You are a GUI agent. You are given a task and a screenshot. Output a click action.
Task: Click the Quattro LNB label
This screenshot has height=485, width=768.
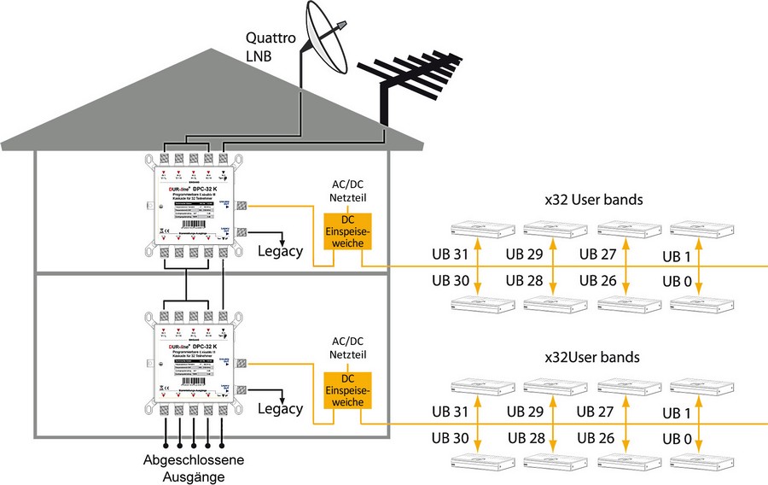click(x=271, y=47)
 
